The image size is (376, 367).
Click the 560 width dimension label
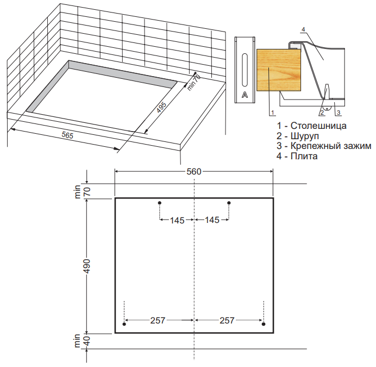click(x=194, y=172)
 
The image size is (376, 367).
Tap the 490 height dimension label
click(x=86, y=266)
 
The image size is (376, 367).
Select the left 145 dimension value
click(x=177, y=220)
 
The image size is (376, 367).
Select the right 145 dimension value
click(x=212, y=220)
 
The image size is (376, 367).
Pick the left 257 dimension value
click(x=158, y=320)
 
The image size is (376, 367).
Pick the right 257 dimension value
click(x=227, y=320)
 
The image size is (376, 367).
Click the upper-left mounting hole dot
click(x=160, y=203)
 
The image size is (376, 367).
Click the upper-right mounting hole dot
click(x=229, y=203)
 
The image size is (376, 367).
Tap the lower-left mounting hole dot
click(x=124, y=324)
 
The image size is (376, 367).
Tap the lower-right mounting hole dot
click(x=264, y=324)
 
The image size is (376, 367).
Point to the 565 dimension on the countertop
click(x=67, y=135)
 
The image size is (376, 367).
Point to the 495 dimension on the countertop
click(x=161, y=107)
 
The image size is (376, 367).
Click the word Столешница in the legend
click(x=318, y=126)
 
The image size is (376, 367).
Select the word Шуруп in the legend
click(x=305, y=136)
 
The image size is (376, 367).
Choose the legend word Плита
click(x=304, y=156)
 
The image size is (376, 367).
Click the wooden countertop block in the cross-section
click(x=279, y=70)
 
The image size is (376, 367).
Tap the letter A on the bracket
click(x=245, y=95)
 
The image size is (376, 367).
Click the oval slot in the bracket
click(x=245, y=70)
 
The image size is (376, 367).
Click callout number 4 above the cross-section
click(x=303, y=29)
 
